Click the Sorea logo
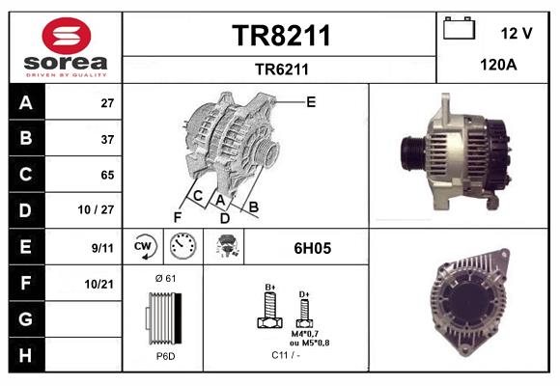(x=65, y=48)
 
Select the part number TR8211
(x=281, y=36)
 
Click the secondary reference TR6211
(x=281, y=69)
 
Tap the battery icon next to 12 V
(x=456, y=29)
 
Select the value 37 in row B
(x=106, y=138)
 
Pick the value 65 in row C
(x=106, y=175)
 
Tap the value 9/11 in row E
(x=102, y=247)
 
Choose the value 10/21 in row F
(x=101, y=283)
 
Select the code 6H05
(x=312, y=248)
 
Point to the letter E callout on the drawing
(x=310, y=100)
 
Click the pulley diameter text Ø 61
(x=165, y=278)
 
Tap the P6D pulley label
(x=165, y=356)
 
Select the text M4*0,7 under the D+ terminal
(x=305, y=334)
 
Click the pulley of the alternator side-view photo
(x=410, y=152)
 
